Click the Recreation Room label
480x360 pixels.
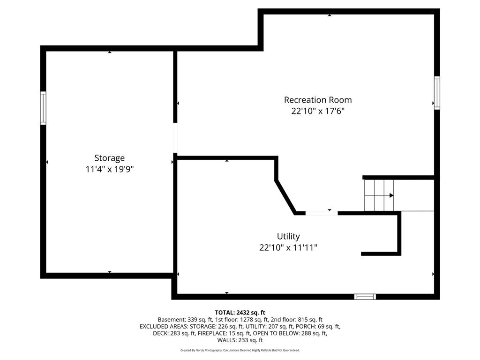point(318,100)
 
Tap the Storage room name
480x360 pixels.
point(110,158)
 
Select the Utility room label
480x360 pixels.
point(288,236)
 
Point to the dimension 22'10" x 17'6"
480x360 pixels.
point(318,111)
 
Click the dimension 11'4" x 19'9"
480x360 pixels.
point(110,169)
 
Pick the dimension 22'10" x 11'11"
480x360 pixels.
point(288,247)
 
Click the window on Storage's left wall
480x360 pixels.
point(43,108)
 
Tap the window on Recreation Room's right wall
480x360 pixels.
point(437,93)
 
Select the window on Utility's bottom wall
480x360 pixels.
point(365,296)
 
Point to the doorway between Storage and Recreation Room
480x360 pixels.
point(175,138)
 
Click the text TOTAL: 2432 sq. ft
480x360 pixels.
point(240,313)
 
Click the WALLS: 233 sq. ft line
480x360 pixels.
point(240,340)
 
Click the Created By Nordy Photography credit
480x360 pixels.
point(201,350)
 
